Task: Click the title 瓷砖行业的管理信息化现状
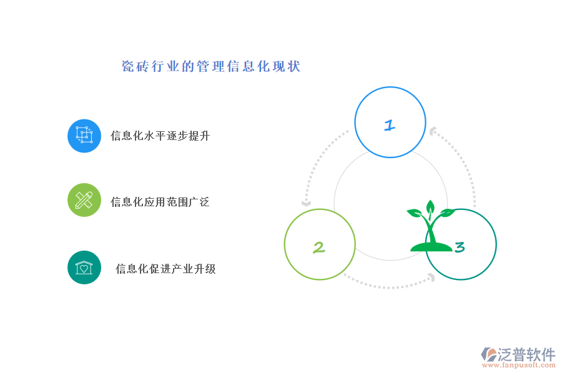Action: coord(211,66)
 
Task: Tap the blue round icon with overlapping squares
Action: coord(84,136)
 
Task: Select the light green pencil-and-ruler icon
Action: coord(84,200)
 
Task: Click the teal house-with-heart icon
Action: coord(84,267)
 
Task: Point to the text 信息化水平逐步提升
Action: coord(160,136)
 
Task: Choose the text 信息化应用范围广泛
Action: coord(160,202)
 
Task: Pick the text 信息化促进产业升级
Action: coord(165,269)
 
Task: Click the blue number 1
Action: coord(390,125)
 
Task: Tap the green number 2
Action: coord(318,247)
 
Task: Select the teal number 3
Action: coord(460,247)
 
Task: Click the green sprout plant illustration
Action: coord(431,226)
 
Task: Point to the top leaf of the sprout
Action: coord(430,206)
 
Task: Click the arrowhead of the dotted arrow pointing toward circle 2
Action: coord(306,204)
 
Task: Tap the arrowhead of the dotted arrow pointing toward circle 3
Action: coord(432,277)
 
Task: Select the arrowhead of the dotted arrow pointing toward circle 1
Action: coord(433,131)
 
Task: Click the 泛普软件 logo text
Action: coord(526,354)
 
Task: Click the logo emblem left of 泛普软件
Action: coord(489,354)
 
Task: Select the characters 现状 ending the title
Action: coord(287,66)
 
